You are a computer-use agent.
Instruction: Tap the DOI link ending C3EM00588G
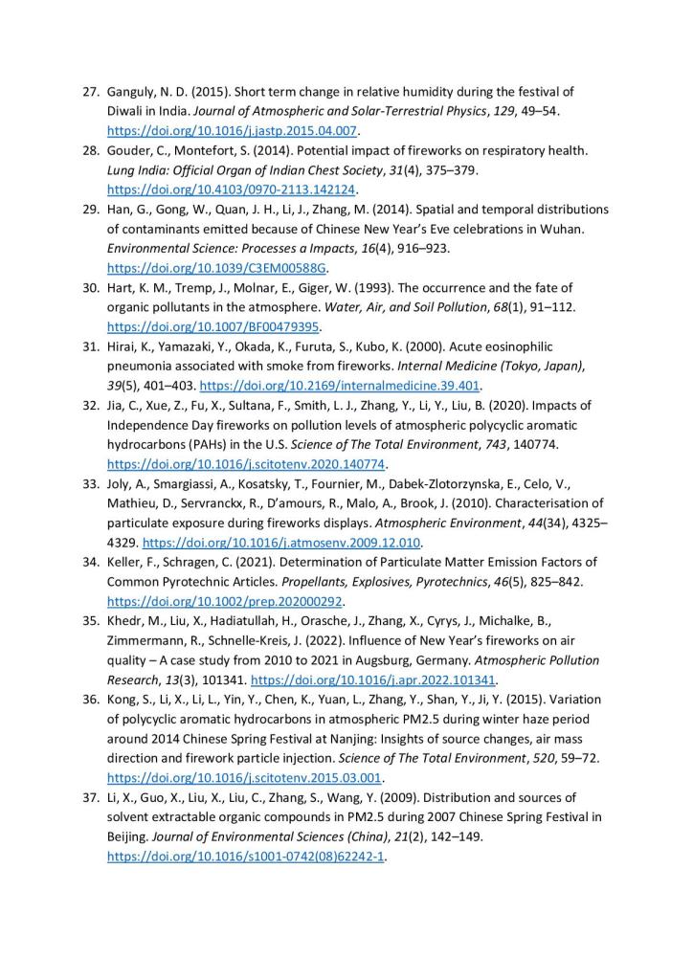point(217,268)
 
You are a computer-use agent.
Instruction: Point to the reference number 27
point(90,91)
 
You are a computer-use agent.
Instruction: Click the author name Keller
point(127,562)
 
